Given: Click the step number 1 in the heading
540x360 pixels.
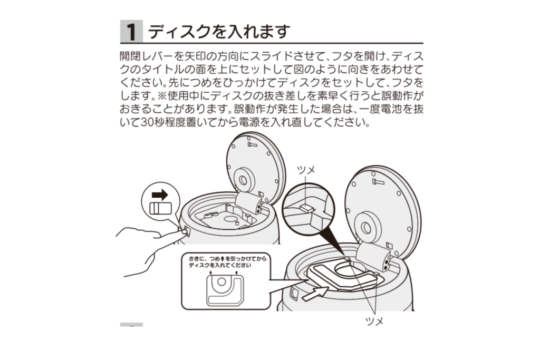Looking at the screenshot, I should click(x=131, y=31).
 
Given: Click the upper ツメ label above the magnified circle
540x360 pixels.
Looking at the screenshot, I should click(x=306, y=169).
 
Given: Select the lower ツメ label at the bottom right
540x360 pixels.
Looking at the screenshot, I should click(x=374, y=321).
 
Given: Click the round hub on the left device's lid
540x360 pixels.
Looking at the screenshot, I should click(x=244, y=180).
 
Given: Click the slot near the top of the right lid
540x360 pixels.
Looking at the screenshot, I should click(x=378, y=181).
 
